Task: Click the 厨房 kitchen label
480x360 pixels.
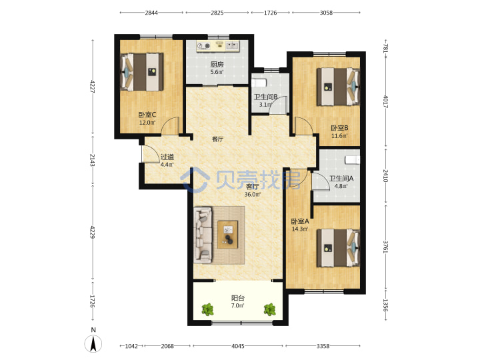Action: coord(217,64)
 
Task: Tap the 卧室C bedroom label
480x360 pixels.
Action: coord(147,115)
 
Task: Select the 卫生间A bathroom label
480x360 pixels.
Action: coord(341,178)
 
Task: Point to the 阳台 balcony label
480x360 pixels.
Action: coord(238,298)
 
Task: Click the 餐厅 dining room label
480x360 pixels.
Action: coord(217,139)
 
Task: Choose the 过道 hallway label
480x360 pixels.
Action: coord(167,157)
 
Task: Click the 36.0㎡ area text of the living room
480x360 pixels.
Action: coord(252,195)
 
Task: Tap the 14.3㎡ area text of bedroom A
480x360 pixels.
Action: coord(300,229)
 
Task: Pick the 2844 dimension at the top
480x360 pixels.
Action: coord(151,13)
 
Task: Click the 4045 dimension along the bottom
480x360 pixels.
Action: coord(238,346)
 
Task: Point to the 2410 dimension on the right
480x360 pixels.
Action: coord(386,176)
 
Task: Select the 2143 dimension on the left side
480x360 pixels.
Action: coord(93,160)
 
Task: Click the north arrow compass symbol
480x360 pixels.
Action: coord(93,343)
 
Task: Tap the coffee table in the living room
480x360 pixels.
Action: coord(227,234)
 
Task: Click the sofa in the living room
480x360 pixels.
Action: coord(203,235)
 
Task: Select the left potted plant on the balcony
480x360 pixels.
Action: coord(208,309)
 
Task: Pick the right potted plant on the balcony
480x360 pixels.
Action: coord(270,309)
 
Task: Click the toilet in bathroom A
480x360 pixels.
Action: coord(353,160)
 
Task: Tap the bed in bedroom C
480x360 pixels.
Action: coord(142,72)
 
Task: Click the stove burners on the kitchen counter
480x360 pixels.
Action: coord(204,46)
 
